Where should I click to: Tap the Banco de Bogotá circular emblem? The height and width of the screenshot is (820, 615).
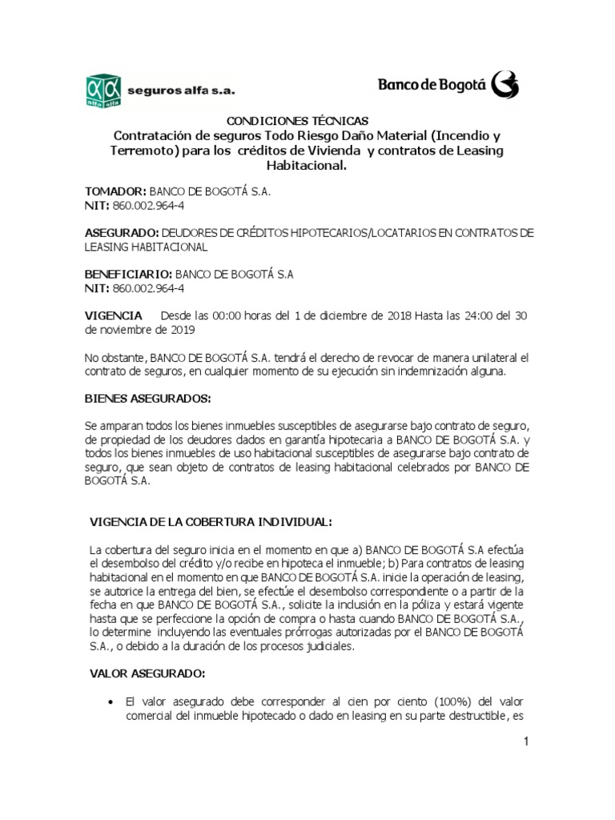(504, 83)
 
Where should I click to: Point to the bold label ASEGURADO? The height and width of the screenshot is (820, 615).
(122, 232)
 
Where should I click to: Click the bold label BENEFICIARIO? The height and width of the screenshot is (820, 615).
(129, 274)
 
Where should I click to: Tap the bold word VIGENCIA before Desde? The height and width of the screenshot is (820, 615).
(114, 315)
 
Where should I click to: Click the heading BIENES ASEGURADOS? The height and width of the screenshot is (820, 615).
(148, 398)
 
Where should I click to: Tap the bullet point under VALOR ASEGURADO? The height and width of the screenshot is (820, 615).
(109, 701)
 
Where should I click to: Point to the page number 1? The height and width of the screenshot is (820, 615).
(527, 742)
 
